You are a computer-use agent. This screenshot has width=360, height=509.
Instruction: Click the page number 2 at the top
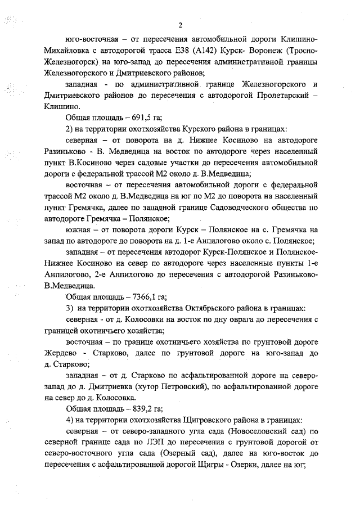180,25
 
